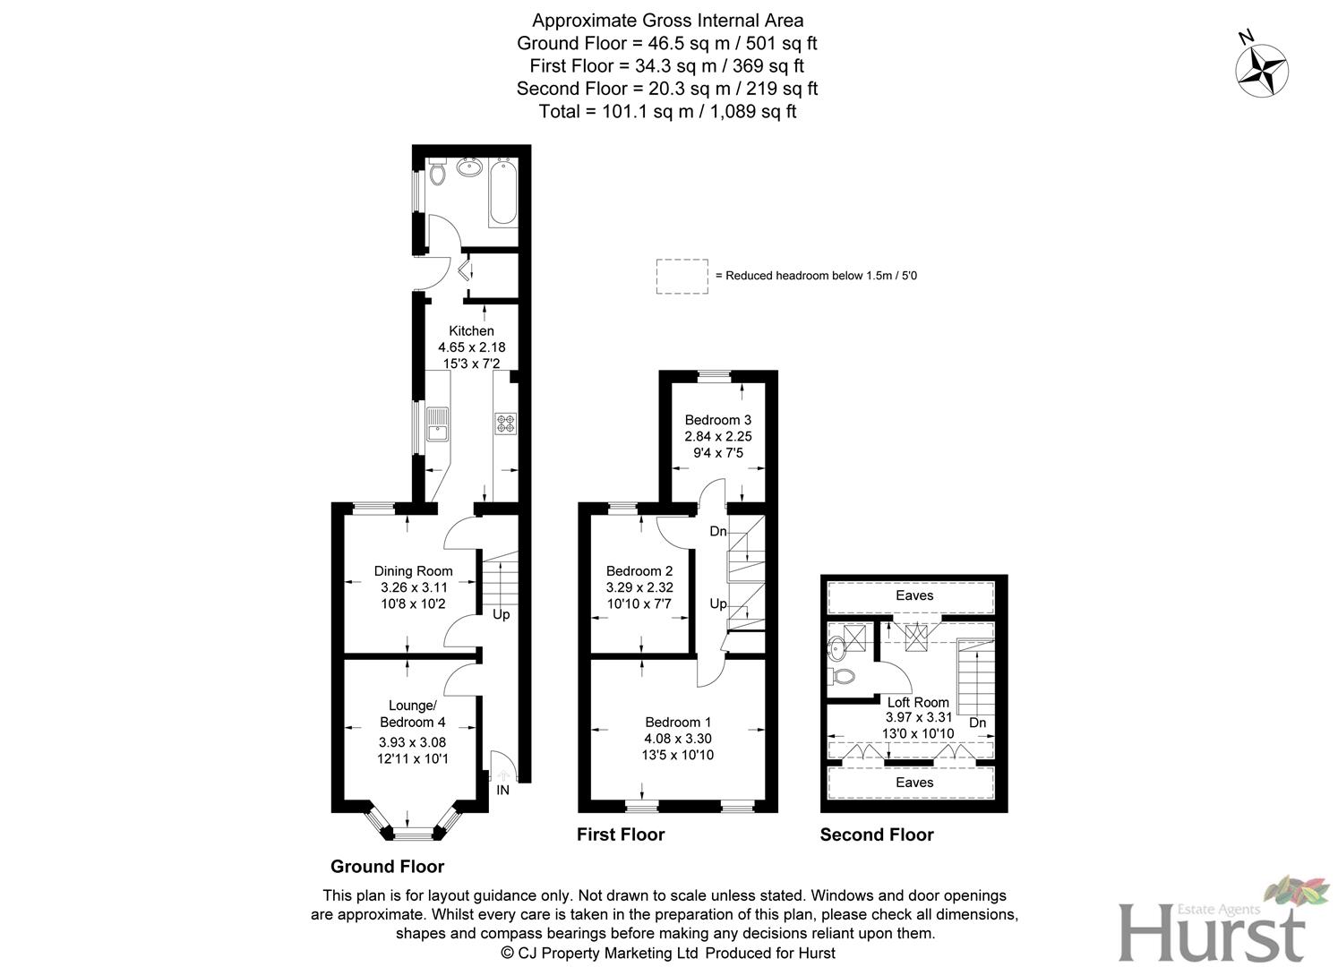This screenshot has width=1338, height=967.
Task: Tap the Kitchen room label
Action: click(x=471, y=331)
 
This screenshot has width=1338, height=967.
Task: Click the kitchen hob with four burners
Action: click(x=505, y=424)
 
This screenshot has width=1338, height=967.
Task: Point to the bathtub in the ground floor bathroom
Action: click(x=502, y=192)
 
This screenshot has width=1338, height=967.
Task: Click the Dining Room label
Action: click(x=413, y=571)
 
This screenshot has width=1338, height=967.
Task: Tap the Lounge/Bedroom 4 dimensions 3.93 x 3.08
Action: click(x=412, y=742)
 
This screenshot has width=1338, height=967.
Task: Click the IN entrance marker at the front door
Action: click(x=503, y=790)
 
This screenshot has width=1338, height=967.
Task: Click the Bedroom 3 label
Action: click(x=717, y=420)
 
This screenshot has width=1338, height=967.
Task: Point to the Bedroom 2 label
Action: click(x=639, y=571)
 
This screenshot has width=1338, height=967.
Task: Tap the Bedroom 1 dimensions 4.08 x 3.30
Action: click(x=678, y=739)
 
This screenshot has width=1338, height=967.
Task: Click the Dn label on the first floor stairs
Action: click(x=718, y=532)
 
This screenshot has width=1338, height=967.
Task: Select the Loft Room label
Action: click(x=918, y=702)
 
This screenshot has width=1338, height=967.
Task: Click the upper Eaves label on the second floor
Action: click(x=914, y=595)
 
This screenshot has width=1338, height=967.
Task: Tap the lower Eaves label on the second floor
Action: click(x=914, y=783)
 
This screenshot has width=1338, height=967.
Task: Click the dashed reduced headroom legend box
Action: click(x=682, y=276)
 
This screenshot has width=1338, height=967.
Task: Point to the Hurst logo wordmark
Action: click(x=1212, y=932)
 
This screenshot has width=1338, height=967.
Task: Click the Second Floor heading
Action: click(x=877, y=834)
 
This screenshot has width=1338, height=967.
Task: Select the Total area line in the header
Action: click(x=667, y=112)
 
